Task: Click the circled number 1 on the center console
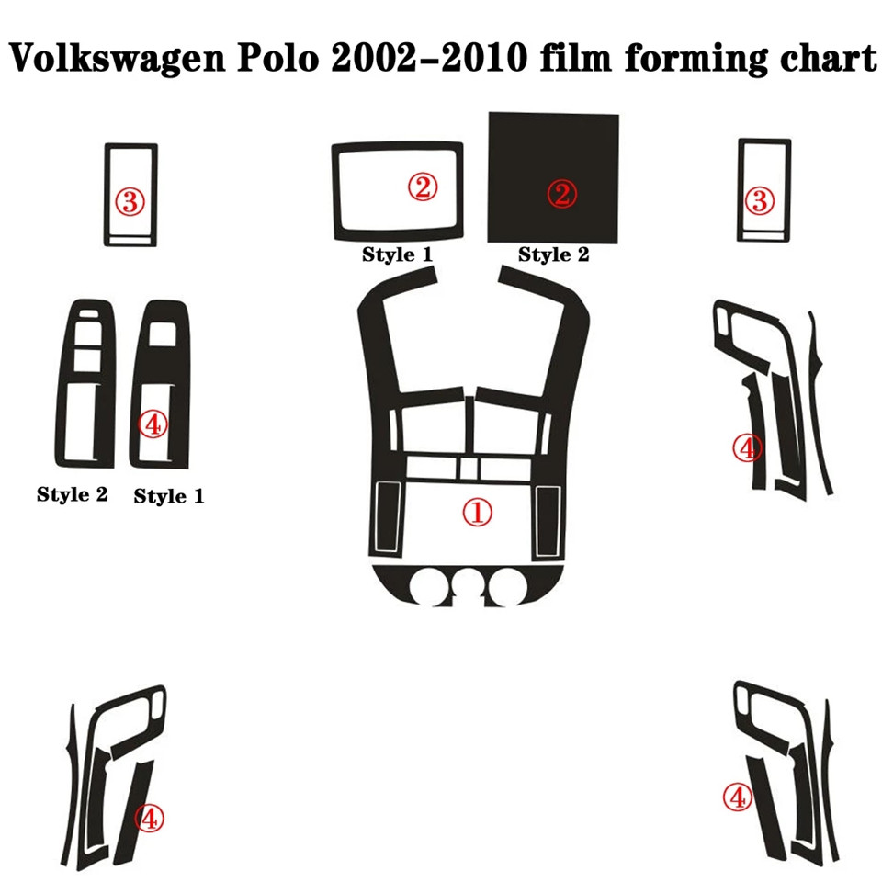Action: pos(477,513)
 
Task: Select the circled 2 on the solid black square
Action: pos(561,193)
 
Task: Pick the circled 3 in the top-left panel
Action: pos(130,201)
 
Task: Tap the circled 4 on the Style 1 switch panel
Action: pos(153,424)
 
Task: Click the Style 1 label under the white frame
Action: pos(397,254)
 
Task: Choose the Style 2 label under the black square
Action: pos(553,254)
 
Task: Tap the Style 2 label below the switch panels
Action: pos(73,494)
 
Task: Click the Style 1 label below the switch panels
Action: pos(169,496)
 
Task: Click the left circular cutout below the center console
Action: pos(428,588)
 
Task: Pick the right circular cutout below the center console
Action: pos(506,588)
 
